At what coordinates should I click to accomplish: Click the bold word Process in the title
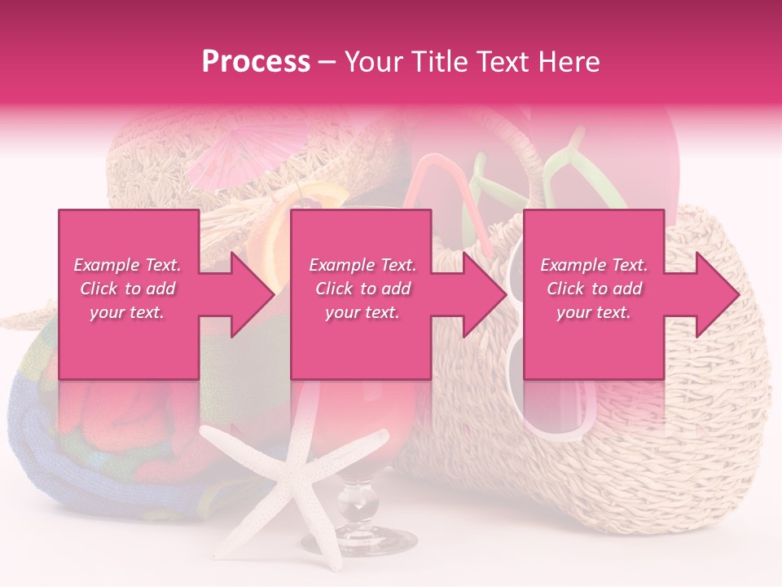(256, 62)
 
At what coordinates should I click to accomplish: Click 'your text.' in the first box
(127, 312)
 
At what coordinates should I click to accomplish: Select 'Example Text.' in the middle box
(362, 265)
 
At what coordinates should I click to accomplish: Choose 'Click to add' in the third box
(594, 289)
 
